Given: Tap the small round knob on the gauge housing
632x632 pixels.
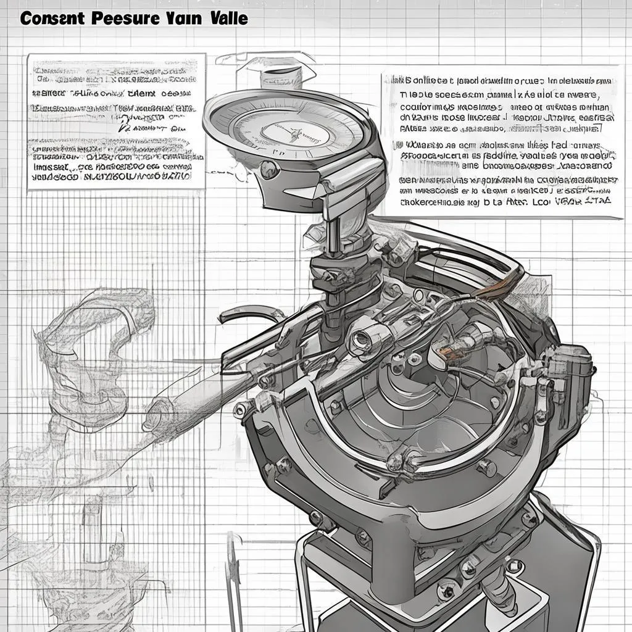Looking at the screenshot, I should coord(270,169).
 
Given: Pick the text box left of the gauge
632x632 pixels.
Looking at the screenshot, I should coord(116,121).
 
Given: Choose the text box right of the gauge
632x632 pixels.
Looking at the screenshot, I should coord(501,146).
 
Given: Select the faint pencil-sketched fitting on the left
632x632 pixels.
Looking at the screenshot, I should coord(93,346).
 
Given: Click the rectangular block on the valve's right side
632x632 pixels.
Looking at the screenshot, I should coord(571,370).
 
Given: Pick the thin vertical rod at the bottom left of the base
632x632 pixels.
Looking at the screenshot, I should coord(233,568).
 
